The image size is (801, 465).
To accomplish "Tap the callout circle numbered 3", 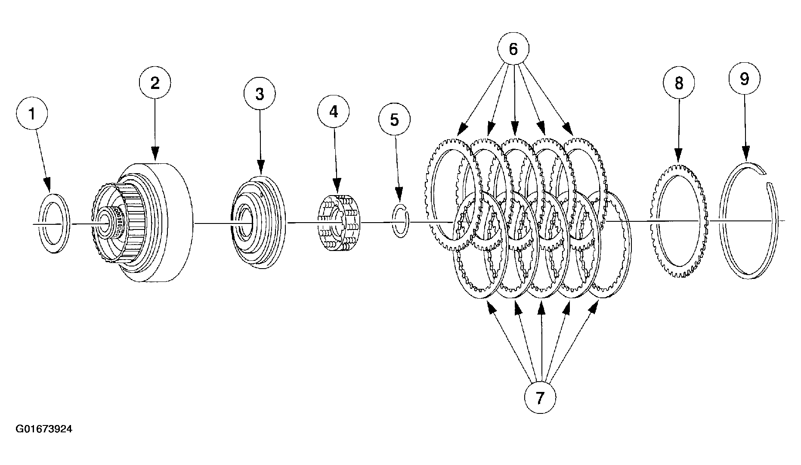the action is click(x=260, y=94).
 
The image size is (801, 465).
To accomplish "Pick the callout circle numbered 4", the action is click(x=334, y=112).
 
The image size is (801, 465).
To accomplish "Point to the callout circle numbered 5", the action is click(x=394, y=119).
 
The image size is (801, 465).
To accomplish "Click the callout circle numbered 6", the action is click(x=513, y=49).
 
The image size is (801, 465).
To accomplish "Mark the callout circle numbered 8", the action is click(x=679, y=83).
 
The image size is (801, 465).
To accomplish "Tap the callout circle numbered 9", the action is click(x=744, y=79).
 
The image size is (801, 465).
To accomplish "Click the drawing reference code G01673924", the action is click(x=44, y=429).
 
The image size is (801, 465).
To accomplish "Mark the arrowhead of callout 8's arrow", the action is click(x=678, y=156).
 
